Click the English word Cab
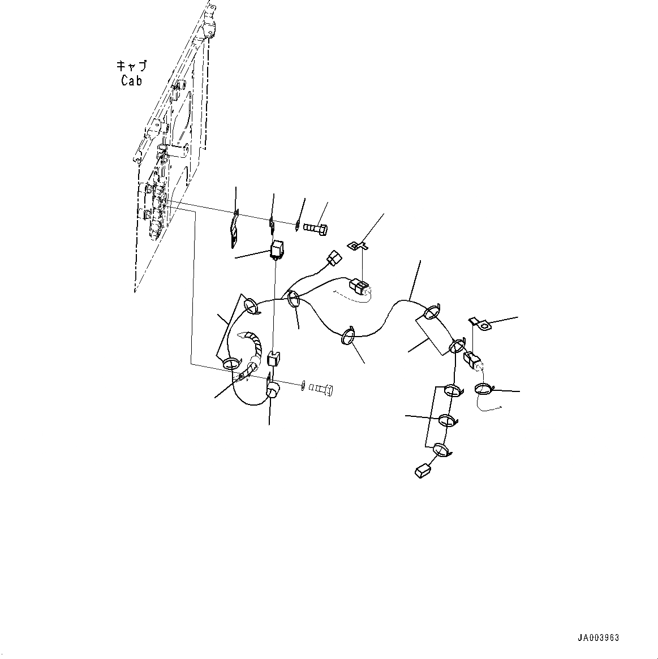pyautogui.click(x=131, y=81)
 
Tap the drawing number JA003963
pyautogui.click(x=598, y=638)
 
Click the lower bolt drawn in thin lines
pyautogui.click(x=321, y=389)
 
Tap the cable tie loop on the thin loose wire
pyautogui.click(x=484, y=389)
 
